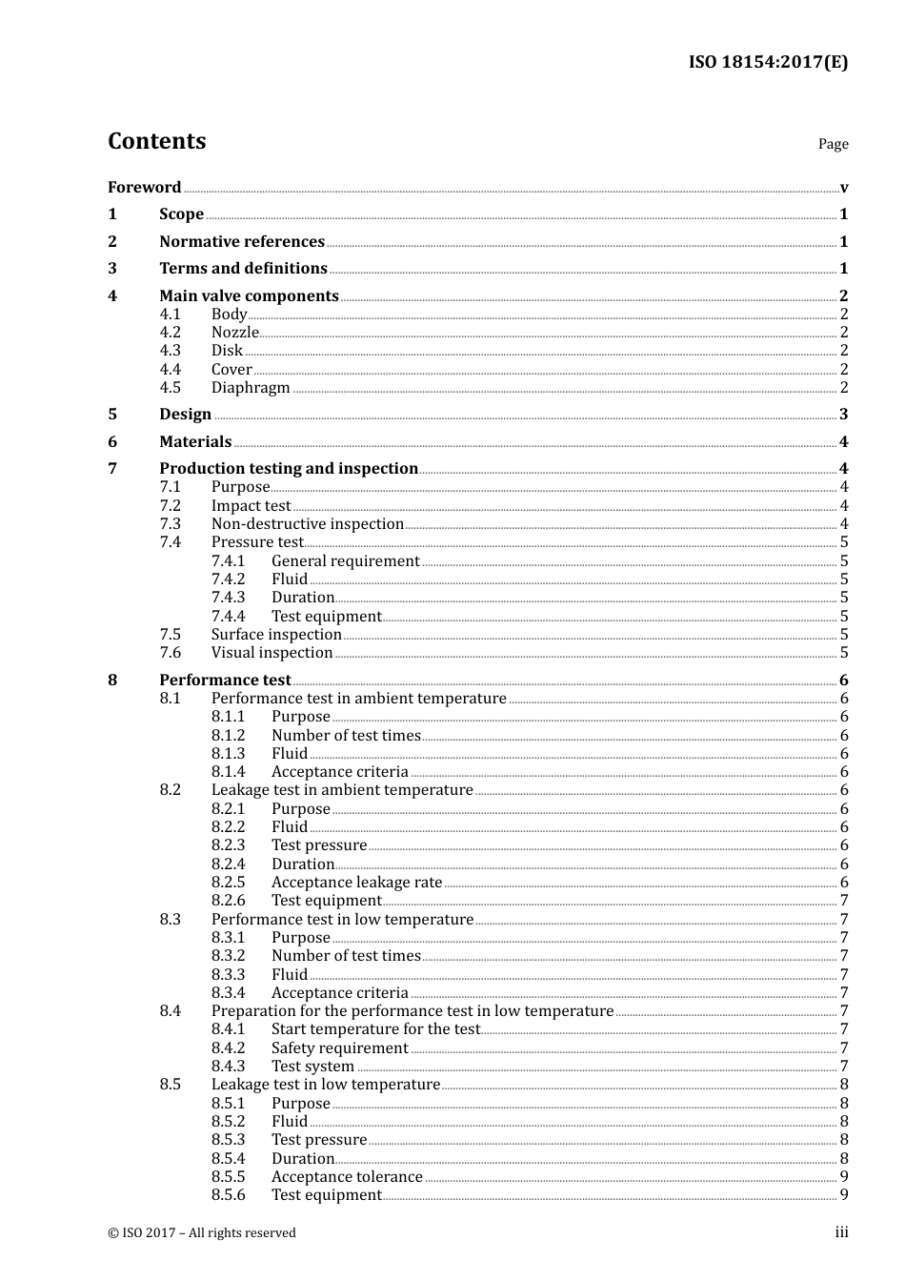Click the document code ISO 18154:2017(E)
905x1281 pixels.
pos(768,62)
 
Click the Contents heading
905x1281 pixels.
pos(156,141)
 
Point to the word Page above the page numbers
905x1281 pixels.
pos(833,144)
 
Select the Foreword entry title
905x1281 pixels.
pos(144,188)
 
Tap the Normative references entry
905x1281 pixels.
pos(242,242)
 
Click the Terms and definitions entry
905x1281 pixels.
pos(243,269)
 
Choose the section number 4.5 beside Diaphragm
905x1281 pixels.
pos(170,388)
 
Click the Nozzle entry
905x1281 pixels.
pos(234,333)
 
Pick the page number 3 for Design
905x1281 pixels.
pos(843,415)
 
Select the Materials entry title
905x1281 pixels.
pos(195,442)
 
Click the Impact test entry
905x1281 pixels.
pos(251,506)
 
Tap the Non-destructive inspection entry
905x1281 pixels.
pos(307,524)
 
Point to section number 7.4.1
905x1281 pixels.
pos(228,561)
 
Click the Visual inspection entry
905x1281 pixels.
pos(271,653)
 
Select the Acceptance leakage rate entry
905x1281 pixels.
pos(356,883)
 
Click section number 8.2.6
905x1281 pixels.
pos(228,901)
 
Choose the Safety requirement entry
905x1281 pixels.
pos(339,1048)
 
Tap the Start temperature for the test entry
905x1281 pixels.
pos(375,1029)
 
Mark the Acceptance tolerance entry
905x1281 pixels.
pos(347,1177)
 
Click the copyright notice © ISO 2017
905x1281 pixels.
pos(202,1233)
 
